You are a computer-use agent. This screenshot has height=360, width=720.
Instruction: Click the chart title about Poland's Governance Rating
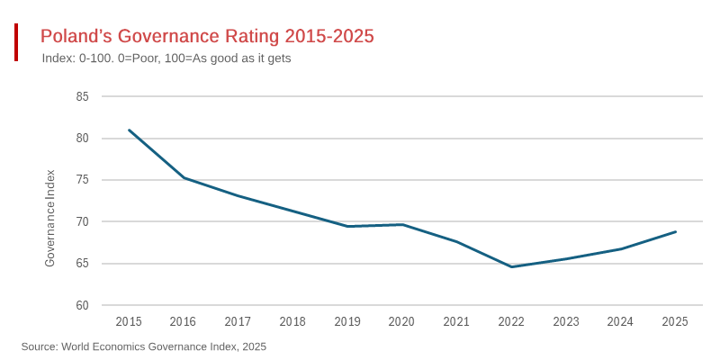point(207,37)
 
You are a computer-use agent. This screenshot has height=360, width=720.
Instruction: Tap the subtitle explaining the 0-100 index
point(166,58)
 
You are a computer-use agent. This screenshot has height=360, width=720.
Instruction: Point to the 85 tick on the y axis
point(82,96)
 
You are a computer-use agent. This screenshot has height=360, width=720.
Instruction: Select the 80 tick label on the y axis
point(82,139)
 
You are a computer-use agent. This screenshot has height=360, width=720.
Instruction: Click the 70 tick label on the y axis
point(82,222)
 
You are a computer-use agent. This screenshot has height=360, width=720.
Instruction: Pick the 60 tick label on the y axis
point(82,306)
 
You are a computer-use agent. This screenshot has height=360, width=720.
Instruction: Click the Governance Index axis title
point(50,218)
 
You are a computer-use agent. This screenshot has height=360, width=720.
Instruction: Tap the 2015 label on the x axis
point(129,322)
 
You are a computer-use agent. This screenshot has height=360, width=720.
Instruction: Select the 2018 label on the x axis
point(292,322)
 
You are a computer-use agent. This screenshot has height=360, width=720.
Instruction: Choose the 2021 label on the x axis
point(456,322)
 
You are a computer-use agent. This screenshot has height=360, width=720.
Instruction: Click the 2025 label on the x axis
point(675,322)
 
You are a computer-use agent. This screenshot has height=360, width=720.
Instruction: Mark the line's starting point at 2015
point(129,130)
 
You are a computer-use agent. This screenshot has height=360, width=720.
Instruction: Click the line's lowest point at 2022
point(511,266)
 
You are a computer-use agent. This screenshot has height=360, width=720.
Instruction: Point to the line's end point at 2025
point(675,231)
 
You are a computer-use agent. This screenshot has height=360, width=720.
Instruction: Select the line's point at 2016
point(184,177)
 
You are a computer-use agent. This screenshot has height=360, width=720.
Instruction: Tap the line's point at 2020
point(402,224)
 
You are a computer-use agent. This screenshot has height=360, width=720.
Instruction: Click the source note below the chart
point(144,346)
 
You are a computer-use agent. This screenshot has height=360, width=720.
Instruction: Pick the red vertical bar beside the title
point(16,42)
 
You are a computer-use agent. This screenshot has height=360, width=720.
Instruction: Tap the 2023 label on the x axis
point(566,322)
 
